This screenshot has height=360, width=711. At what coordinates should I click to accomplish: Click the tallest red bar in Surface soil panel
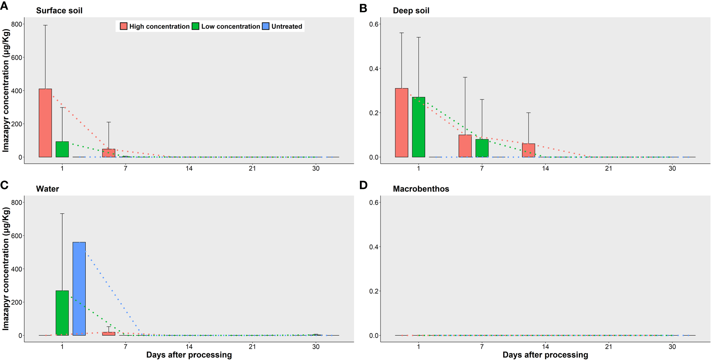45,123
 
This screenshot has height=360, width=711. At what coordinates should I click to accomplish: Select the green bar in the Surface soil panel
62,149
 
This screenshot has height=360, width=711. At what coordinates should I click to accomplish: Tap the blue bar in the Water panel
79,289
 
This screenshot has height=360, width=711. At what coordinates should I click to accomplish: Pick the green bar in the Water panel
62,313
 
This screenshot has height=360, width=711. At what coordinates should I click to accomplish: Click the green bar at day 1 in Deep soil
418,127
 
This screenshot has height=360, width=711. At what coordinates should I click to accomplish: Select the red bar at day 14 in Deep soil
528,151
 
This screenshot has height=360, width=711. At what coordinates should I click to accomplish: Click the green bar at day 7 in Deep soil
482,148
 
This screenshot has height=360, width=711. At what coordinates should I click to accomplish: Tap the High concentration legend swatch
124,26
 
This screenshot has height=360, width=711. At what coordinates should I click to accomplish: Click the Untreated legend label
287,26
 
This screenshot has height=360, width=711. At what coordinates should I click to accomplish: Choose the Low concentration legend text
231,26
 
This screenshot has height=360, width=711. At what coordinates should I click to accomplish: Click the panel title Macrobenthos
421,189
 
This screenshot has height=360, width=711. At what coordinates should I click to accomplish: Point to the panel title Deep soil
411,11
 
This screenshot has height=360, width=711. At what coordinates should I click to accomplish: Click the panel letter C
4,185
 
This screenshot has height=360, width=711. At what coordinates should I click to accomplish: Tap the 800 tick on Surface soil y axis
17,24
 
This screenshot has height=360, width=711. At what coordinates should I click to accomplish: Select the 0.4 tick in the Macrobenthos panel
374,247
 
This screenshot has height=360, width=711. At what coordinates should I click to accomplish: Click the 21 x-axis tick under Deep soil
609,169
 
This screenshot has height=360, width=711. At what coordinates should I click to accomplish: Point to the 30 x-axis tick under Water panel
316,347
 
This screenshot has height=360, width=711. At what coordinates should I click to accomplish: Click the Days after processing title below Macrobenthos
545,355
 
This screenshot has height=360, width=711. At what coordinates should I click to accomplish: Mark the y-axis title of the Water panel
6,268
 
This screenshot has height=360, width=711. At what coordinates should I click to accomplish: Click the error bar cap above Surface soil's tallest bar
45,25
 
